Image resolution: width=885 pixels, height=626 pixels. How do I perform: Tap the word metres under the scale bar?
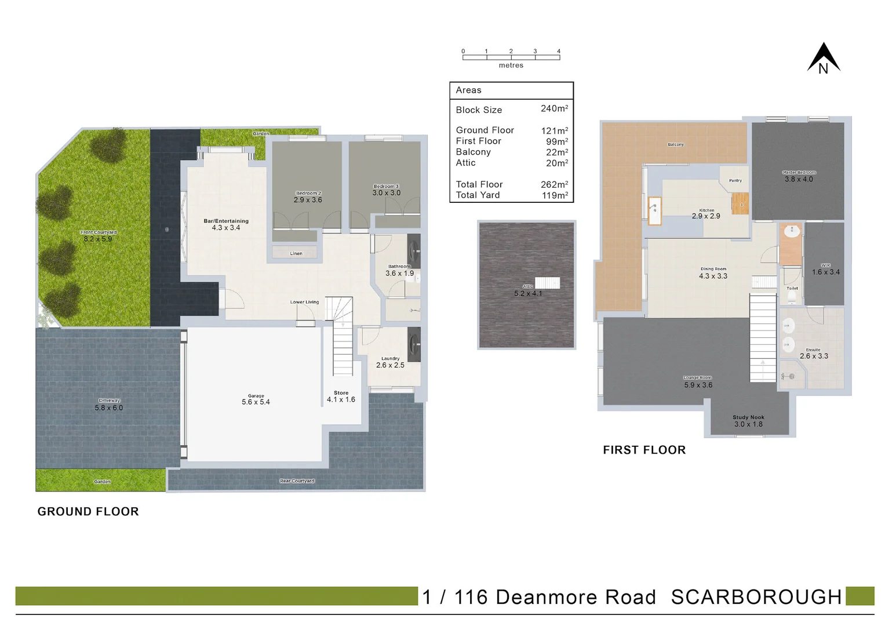coord(511,65)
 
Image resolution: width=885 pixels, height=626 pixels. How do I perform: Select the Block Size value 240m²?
coord(554,109)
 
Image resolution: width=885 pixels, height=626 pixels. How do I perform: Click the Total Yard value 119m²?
coord(554,195)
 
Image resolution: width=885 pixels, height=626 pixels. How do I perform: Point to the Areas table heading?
coord(468,90)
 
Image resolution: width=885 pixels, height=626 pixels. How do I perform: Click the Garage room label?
coord(256,396)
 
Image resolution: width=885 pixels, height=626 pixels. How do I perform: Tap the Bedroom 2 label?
coord(308,193)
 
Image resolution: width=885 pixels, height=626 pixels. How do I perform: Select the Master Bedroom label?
coord(799,173)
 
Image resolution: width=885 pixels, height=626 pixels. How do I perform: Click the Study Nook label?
coord(748,417)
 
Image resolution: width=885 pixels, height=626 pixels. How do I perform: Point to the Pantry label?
coord(735,181)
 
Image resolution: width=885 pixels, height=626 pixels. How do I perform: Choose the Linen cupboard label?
coord(296,253)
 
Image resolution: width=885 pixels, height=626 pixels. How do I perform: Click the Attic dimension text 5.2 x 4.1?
coord(528,294)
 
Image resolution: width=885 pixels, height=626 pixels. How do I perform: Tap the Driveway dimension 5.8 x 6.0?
coord(109,408)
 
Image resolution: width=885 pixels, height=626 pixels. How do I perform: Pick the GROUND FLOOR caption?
coord(88,512)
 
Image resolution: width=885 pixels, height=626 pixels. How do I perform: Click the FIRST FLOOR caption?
coord(644,450)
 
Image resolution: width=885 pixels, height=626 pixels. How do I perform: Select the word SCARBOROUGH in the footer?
coord(756,597)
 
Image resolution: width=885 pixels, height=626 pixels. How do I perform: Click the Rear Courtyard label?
coord(297,481)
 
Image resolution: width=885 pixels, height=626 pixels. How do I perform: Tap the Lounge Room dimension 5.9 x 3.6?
coord(698,385)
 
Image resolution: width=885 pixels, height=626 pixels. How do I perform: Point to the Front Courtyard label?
coord(99,232)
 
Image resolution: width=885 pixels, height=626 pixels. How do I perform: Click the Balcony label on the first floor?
coord(676,144)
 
